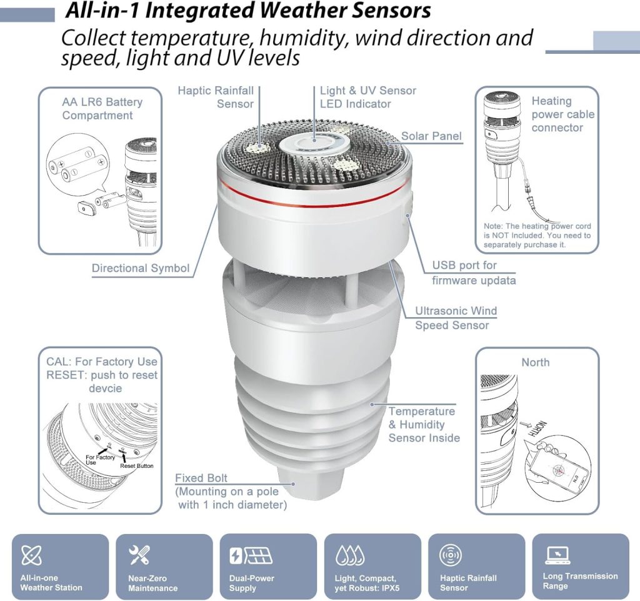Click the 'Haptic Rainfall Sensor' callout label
pyautogui.click(x=216, y=97)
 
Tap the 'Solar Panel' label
pyautogui.click(x=431, y=136)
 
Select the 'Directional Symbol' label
pyautogui.click(x=141, y=268)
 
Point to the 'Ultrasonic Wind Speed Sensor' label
pyautogui.click(x=456, y=318)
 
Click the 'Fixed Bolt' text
pyautogui.click(x=201, y=478)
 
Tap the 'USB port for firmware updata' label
pyautogui.click(x=474, y=272)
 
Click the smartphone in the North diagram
pyautogui.click(x=557, y=465)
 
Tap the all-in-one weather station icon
pyautogui.click(x=31, y=555)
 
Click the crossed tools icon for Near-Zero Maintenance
pyautogui.click(x=139, y=555)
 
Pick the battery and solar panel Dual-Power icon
pyautogui.click(x=251, y=556)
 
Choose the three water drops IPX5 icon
pyautogui.click(x=350, y=555)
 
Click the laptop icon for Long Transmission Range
pyautogui.click(x=557, y=555)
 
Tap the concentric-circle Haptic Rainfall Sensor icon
pyautogui.click(x=450, y=555)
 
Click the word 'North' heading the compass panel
pyautogui.click(x=536, y=362)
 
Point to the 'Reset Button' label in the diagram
pyautogui.click(x=137, y=466)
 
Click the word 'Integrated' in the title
pyautogui.click(x=201, y=11)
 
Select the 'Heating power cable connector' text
pyautogui.click(x=563, y=114)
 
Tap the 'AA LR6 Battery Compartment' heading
pyautogui.click(x=102, y=109)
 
